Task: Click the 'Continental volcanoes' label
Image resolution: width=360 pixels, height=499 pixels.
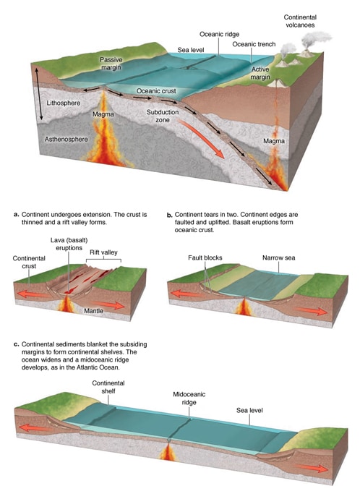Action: [x=300, y=21]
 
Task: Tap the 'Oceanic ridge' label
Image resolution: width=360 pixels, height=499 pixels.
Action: [x=219, y=34]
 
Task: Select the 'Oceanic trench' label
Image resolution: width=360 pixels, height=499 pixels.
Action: [x=254, y=44]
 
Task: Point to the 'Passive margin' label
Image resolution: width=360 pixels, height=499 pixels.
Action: [x=111, y=64]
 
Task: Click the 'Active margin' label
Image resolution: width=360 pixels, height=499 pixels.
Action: [x=260, y=73]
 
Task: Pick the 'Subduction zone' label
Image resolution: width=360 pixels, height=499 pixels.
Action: [x=163, y=116]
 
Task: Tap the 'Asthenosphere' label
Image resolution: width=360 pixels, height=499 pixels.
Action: [x=67, y=139]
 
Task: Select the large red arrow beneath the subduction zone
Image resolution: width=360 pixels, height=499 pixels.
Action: [x=201, y=138]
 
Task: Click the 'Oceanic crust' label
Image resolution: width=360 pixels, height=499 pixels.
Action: [x=156, y=90]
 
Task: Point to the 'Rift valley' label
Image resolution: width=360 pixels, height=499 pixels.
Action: [x=103, y=252]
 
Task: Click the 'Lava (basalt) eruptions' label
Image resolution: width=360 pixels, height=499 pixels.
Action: [x=69, y=244]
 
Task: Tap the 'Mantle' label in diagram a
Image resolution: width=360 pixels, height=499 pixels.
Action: [x=93, y=310]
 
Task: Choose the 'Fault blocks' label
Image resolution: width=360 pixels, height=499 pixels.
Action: [x=205, y=257]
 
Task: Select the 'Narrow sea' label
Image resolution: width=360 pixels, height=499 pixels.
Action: [x=278, y=257]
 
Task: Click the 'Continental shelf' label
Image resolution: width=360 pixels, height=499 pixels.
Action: [x=108, y=387]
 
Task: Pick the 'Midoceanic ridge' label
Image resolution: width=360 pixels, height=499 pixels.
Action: [x=189, y=398]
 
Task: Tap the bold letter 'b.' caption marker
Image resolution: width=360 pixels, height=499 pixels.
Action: [x=169, y=215]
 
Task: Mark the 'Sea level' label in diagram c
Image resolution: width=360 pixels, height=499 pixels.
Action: [x=249, y=411]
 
